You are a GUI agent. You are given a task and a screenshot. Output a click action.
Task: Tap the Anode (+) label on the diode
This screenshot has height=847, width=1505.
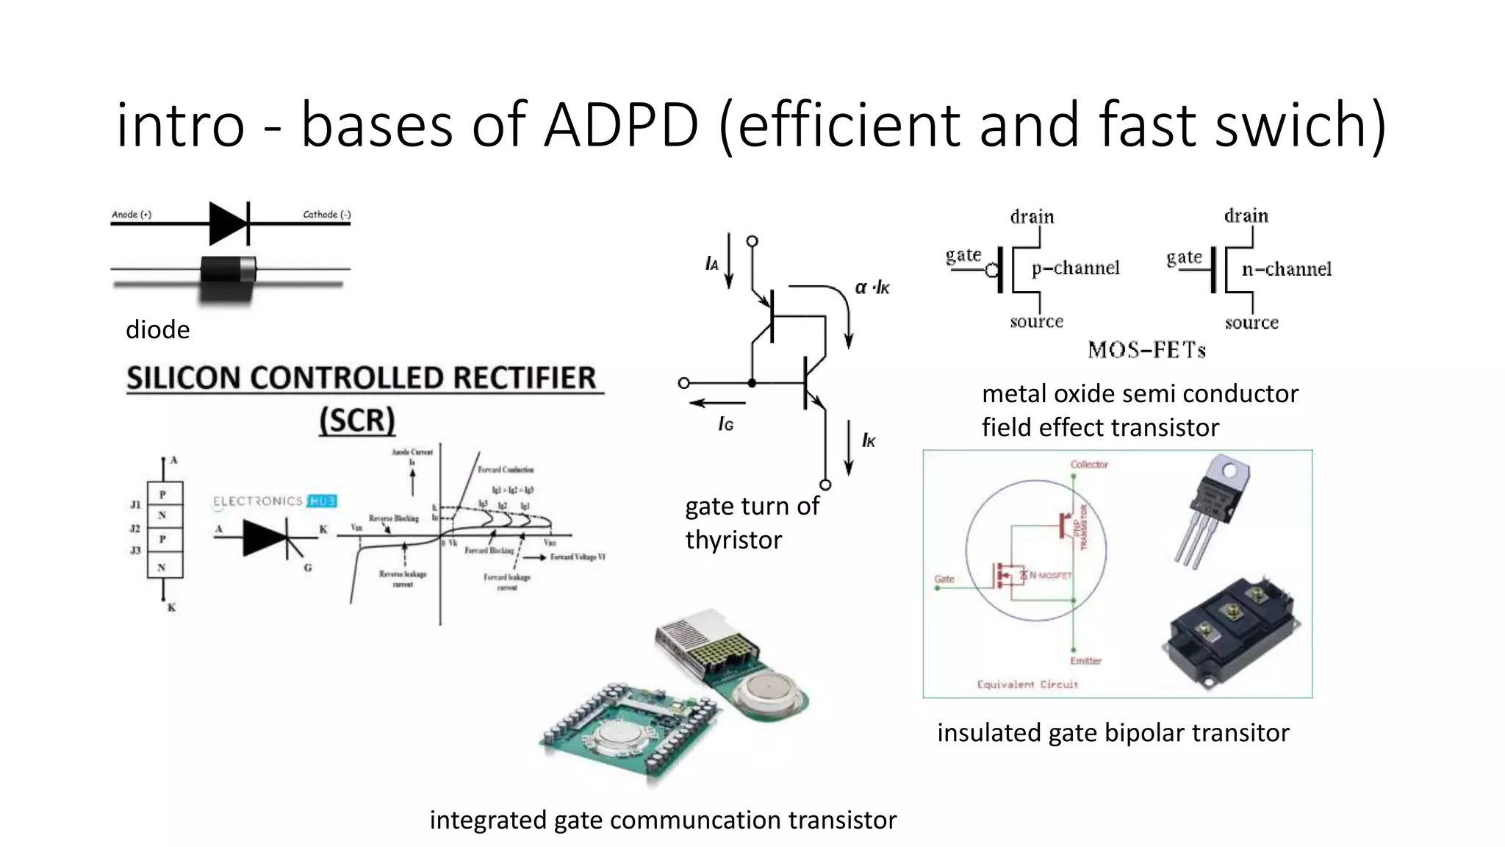132,215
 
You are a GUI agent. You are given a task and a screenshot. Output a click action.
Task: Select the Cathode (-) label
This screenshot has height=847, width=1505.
327,215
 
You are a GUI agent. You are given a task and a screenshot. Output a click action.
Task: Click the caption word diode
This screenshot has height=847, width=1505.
157,329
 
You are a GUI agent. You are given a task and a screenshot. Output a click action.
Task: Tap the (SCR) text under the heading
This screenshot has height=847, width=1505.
357,421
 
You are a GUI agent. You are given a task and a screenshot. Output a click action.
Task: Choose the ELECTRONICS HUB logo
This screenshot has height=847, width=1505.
274,501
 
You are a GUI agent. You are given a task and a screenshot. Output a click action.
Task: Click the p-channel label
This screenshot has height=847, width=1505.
1075,268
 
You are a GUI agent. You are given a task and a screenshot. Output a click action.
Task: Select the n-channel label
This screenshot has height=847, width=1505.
1286,269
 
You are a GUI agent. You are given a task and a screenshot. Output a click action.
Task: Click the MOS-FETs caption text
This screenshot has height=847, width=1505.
1146,350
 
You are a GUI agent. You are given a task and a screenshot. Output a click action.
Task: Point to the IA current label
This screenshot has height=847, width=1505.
711,264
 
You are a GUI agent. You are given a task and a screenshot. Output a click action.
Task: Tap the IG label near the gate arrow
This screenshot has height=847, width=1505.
725,424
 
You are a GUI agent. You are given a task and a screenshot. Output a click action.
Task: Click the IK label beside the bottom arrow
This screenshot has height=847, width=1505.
869,440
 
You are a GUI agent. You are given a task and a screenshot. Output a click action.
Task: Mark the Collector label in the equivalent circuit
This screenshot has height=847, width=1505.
1089,465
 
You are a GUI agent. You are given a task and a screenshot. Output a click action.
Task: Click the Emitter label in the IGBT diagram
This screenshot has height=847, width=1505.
1085,661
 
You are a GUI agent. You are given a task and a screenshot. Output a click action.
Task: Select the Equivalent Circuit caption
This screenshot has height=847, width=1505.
1027,685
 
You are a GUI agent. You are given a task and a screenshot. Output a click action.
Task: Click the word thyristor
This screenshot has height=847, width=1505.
733,540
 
